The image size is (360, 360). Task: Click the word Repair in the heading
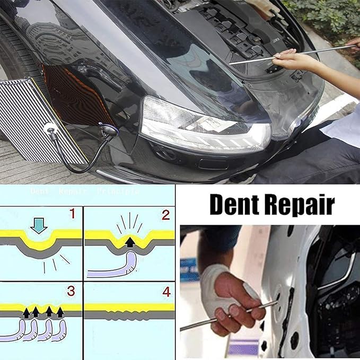click(301, 205)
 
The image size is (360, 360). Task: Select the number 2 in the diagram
click(166, 214)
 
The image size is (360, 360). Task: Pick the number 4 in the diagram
click(166, 291)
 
